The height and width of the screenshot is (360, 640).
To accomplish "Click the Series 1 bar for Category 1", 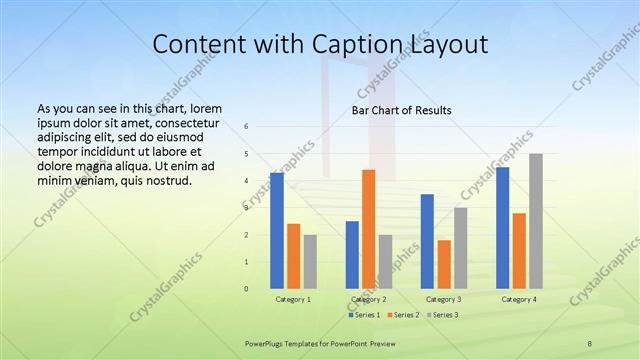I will (x=277, y=231).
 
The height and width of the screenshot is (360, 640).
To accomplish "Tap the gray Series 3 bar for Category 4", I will (x=536, y=221).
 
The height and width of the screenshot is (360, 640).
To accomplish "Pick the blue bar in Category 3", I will (x=427, y=241).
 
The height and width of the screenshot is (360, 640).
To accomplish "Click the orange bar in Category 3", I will (x=444, y=264).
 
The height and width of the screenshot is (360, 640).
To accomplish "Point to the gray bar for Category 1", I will (x=310, y=262).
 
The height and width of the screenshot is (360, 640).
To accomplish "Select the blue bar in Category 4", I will (x=503, y=228).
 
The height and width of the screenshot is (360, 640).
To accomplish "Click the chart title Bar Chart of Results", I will (x=402, y=110).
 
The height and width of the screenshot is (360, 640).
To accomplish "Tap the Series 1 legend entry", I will (x=366, y=315).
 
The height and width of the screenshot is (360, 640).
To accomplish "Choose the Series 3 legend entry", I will (x=442, y=315).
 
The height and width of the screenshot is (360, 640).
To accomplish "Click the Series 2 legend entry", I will (x=404, y=315).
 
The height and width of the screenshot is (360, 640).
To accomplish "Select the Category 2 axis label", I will (x=369, y=299).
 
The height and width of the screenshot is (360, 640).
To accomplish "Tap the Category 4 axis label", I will (x=519, y=299).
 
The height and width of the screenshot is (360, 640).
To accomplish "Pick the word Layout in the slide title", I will (x=446, y=46).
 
